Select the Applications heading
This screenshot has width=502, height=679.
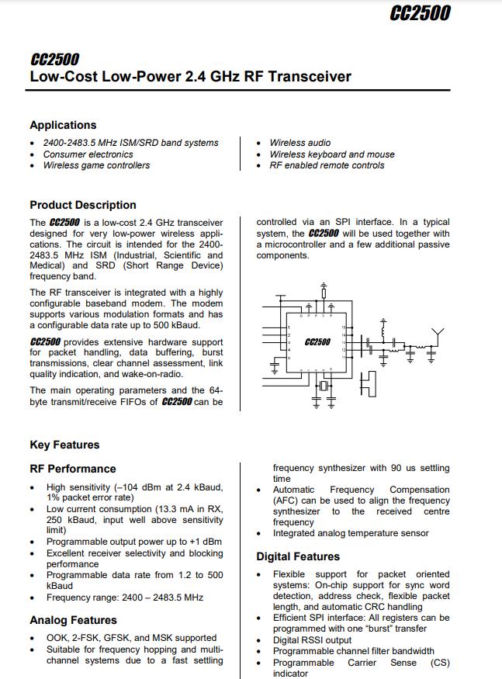pos(63,125)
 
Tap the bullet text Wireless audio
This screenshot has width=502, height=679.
pos(299,143)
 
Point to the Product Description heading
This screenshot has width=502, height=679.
pos(82,205)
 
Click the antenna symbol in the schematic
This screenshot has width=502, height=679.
pos(438,335)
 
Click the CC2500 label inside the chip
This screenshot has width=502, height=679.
pos(317,341)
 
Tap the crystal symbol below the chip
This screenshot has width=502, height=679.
pos(324,386)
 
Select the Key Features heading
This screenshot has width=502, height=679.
pos(64,445)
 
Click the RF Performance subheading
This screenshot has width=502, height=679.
pos(72,469)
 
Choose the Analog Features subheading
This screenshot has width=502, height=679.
pos(73,620)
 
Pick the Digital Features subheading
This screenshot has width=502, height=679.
pos(298,556)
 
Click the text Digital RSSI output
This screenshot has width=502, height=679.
pos(312,640)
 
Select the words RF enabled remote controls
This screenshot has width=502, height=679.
pos(327,165)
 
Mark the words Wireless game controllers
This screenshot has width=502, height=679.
pos(96,165)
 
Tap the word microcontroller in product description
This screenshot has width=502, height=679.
pos(289,244)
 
